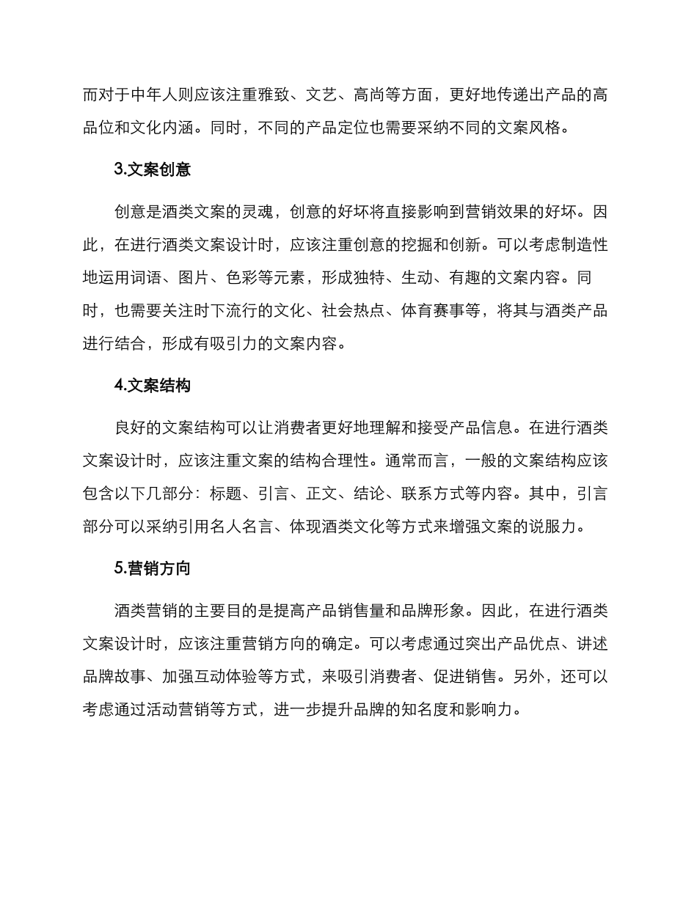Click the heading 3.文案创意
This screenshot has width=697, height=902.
coord(153,170)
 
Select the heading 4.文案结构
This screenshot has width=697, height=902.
coord(153,386)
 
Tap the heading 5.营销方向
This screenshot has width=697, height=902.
coord(153,568)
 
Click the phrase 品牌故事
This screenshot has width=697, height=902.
coord(115,676)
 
